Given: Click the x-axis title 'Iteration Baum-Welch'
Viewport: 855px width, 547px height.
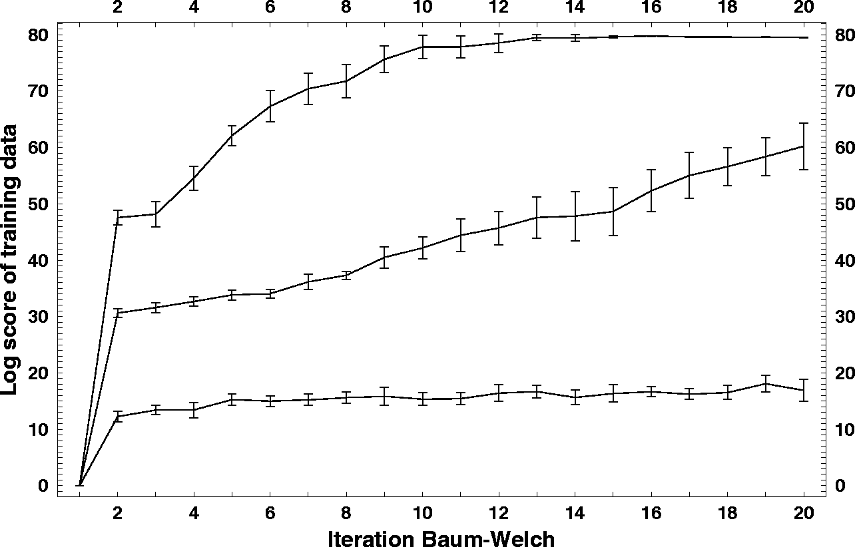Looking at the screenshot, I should (x=440, y=538).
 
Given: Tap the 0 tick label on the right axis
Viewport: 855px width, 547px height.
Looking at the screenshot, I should (x=841, y=486).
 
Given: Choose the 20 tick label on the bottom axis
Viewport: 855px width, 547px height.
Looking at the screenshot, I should (x=804, y=514).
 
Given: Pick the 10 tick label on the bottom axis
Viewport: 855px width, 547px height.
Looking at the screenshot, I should (x=422, y=514).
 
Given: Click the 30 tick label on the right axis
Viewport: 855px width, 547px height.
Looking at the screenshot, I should (x=843, y=317).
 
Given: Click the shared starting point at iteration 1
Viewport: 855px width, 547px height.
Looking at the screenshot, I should (x=80, y=485).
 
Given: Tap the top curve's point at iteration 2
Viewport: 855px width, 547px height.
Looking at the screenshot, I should (x=118, y=217).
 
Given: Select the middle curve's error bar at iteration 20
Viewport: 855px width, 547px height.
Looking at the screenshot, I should (x=804, y=146).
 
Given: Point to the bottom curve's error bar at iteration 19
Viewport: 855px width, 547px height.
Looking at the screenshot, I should (x=766, y=383).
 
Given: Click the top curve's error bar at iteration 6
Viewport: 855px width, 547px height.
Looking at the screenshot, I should (x=270, y=106).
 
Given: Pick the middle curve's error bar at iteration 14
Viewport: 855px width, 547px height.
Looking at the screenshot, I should (x=575, y=216).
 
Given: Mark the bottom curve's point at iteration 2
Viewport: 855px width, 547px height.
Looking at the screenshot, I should (x=118, y=417).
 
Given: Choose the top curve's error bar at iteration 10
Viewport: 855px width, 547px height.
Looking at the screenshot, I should (x=423, y=47).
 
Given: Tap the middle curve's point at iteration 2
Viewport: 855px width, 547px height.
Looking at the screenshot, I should (x=118, y=313).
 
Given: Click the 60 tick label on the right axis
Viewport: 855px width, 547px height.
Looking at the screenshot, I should (x=843, y=148).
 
